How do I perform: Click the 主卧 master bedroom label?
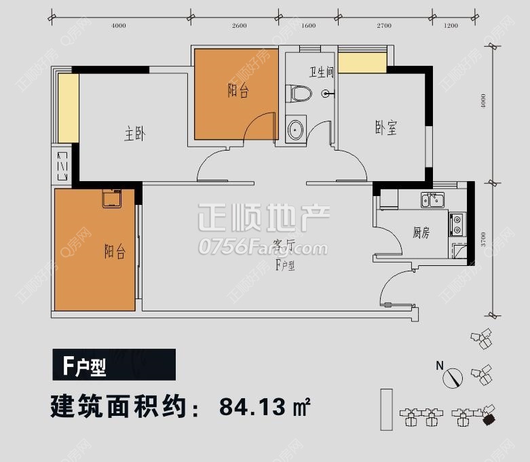135,134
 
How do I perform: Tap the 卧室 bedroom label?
385,128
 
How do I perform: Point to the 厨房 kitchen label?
421,233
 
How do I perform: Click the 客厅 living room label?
284,245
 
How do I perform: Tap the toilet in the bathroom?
297,94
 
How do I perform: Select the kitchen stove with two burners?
457,223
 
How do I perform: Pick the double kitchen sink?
432,200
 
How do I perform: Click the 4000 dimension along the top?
119,26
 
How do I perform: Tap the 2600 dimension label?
239,26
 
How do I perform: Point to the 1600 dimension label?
308,26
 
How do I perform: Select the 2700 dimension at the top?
384,26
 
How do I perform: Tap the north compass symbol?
452,377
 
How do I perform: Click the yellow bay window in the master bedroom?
68,109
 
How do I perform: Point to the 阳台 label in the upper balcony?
238,91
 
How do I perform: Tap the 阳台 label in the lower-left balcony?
115,252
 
